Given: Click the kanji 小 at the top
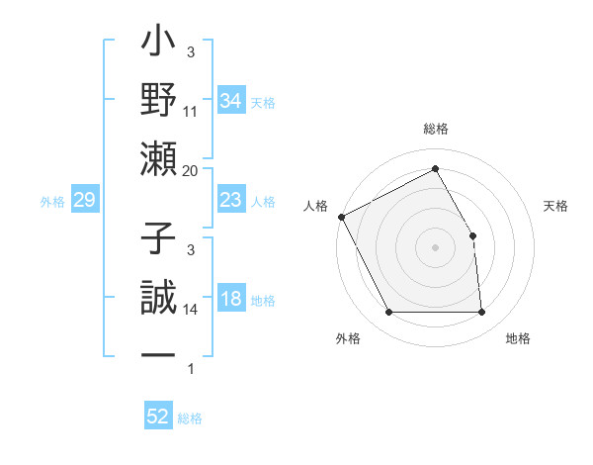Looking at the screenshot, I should point(159,46).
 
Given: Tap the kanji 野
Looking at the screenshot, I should point(159,102).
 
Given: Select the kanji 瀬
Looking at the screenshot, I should point(159,159).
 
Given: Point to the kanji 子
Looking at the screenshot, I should point(159,240).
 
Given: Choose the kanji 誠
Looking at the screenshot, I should point(159,298).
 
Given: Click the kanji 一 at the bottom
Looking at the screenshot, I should point(159,354).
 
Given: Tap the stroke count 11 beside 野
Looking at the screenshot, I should point(191,112).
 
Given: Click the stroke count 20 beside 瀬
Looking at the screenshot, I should point(191,170).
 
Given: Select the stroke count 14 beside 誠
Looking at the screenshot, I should point(191,310).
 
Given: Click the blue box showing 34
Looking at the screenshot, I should point(230,100).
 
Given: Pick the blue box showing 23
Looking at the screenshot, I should point(230,201).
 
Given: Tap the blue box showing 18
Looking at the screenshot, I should point(230,300).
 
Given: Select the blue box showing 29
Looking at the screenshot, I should point(84,201).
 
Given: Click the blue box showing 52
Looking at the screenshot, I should point(158,417).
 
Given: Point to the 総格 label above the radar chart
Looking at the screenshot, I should point(435,130).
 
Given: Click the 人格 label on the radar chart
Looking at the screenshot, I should point(315,206).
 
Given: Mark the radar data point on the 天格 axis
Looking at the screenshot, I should point(472,235).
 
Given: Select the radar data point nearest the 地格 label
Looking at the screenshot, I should point(481,313).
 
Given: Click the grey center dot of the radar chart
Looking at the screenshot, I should point(435,247).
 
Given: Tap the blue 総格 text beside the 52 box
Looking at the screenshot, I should point(190,418).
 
